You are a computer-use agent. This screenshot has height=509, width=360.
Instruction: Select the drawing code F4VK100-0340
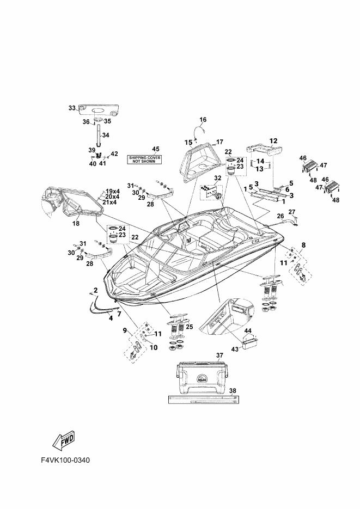click(x=65, y=460)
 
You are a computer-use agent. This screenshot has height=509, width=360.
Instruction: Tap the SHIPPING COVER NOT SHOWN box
click(x=144, y=159)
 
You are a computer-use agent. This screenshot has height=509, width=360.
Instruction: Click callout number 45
click(x=156, y=149)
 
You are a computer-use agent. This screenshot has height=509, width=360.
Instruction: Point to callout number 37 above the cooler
click(x=219, y=355)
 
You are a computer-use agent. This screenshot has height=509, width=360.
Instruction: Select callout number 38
click(x=233, y=391)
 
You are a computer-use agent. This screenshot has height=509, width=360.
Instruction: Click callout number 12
click(x=273, y=140)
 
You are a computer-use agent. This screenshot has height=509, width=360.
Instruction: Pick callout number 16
click(x=203, y=119)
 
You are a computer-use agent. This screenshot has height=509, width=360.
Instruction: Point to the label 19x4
click(x=113, y=191)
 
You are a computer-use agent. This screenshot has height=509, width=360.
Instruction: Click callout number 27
click(x=291, y=211)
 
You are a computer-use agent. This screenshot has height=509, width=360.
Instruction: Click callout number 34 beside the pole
click(x=106, y=135)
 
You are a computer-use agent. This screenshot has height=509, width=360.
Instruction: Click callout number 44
click(x=247, y=330)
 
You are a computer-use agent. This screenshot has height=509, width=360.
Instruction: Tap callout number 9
click(x=125, y=330)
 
